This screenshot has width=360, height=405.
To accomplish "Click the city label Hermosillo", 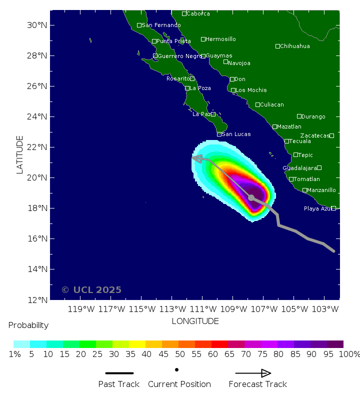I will [220, 39].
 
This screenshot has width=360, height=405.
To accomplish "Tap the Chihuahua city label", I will [294, 46].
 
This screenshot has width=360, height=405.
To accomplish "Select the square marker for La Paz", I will [213, 114].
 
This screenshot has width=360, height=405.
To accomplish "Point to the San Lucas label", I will [236, 134].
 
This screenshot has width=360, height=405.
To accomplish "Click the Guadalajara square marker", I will [319, 168].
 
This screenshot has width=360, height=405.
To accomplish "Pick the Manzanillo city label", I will [321, 190].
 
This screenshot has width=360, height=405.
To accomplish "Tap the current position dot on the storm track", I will [251, 197].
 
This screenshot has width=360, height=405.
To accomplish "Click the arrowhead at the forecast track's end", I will [197, 158].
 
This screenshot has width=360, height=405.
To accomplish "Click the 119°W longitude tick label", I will [81, 309].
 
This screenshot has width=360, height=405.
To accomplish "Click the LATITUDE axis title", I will [20, 154].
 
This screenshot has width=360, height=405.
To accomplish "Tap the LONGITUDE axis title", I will [195, 321].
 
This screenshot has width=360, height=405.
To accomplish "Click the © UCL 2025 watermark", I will [91, 290].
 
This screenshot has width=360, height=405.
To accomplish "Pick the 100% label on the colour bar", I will [348, 354].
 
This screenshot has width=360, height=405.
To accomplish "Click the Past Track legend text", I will [119, 384].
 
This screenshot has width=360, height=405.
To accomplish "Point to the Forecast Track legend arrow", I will [253, 373].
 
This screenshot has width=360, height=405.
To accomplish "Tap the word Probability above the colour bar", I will [28, 325].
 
